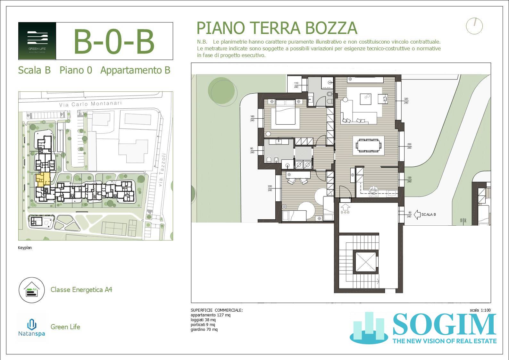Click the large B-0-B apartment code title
pos(114,42)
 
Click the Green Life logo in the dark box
pos(38,41)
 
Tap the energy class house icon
pos(31,290)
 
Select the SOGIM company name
pos(444,325)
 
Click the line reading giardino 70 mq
pos(204,330)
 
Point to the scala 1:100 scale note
pos(480,310)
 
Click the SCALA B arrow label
pos(425,214)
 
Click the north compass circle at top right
pos(474,26)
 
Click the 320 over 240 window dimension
pos(406,101)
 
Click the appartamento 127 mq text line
pos(210,315)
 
